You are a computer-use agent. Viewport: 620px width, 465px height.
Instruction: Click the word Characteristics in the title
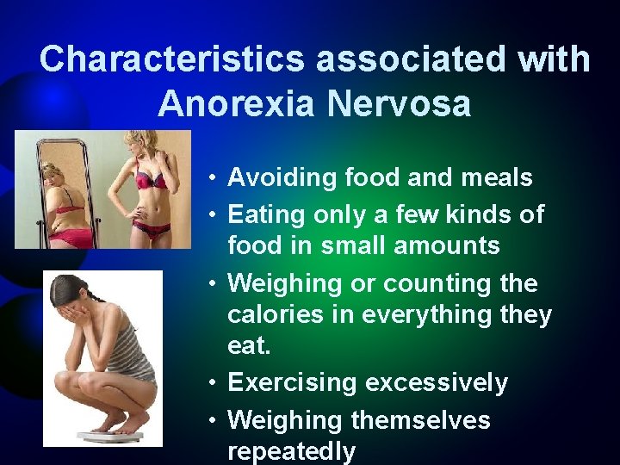coord(171,59)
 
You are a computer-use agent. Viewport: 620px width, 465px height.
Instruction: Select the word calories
coord(275,315)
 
